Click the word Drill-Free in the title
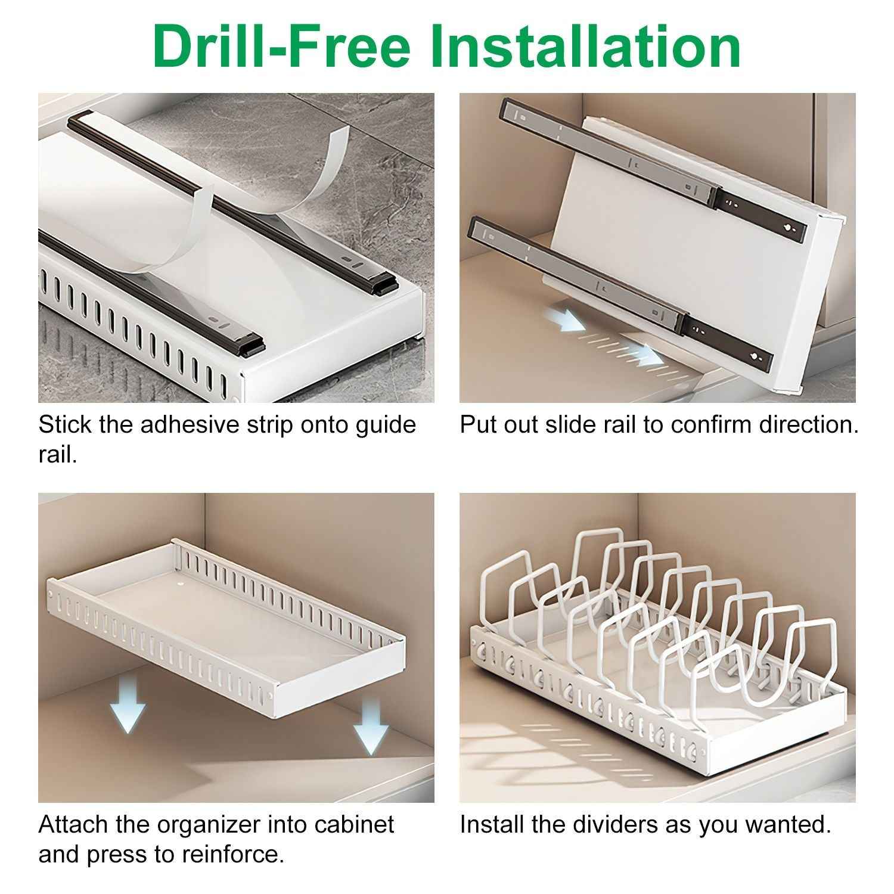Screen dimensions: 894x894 point(280,46)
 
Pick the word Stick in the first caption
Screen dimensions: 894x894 point(65,425)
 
